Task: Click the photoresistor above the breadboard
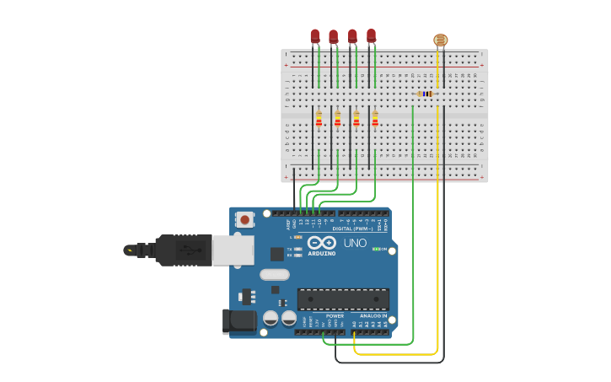coord(441,40)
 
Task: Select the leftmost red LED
coord(315,35)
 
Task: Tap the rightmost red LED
coord(371,35)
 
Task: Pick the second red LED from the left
coord(334,36)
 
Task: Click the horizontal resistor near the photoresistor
coord(426,94)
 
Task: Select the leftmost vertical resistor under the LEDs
coord(319,119)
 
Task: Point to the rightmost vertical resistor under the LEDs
coord(375,119)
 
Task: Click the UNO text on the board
coord(355,243)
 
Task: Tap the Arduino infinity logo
coord(322,243)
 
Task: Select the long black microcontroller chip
coord(343,299)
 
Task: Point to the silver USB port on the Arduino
coord(233,250)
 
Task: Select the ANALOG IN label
coord(373,315)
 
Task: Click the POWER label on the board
coord(335,315)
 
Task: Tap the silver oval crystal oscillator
coord(275,274)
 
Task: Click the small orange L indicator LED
coord(298,237)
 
